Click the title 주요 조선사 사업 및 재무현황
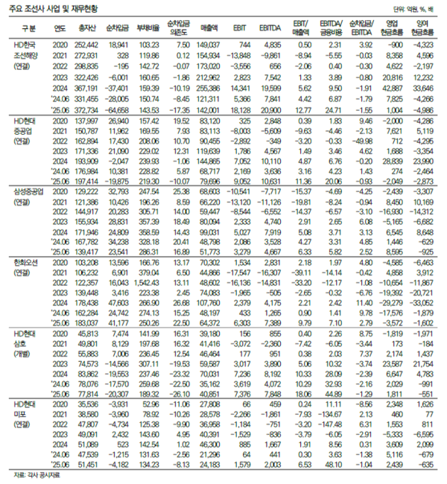[x=53, y=10]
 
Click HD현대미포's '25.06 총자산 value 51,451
[x=87, y=463]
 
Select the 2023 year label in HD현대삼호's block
[x=61, y=363]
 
